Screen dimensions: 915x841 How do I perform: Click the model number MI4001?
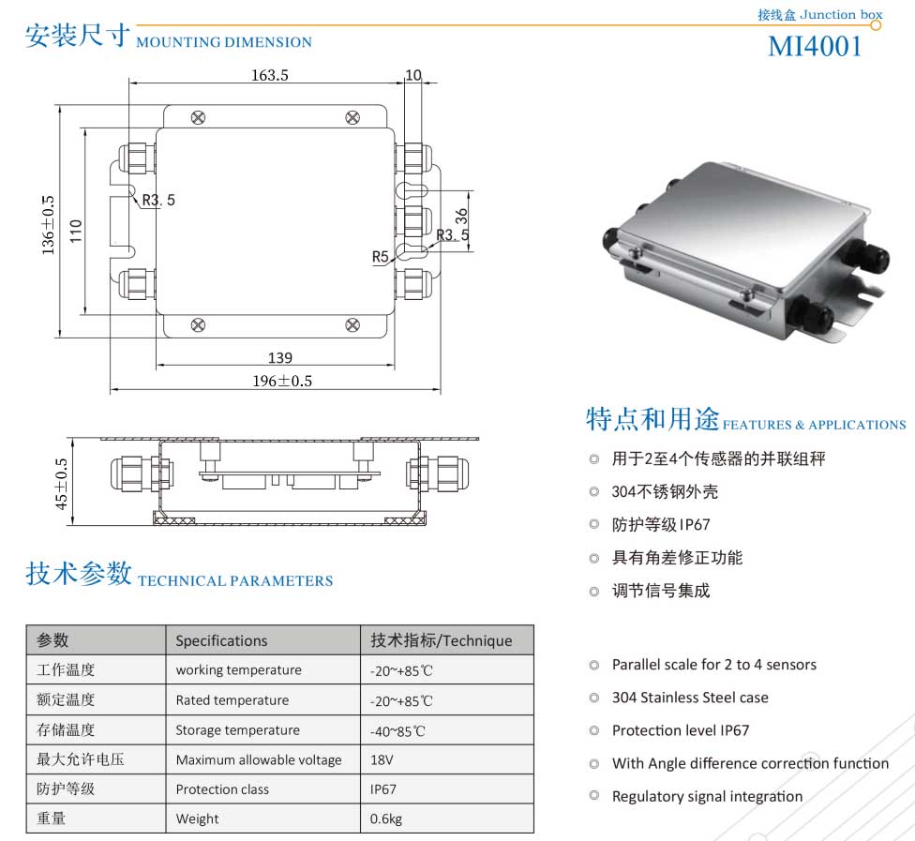[x=815, y=47]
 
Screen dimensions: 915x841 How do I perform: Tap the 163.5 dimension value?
[x=270, y=75]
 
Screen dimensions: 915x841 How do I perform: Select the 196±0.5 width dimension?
[x=282, y=381]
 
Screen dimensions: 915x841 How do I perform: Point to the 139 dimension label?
[x=280, y=358]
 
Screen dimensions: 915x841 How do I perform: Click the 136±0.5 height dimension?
[x=48, y=225]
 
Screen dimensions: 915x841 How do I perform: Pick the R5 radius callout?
[x=381, y=257]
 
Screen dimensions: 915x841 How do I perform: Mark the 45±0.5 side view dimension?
[x=62, y=484]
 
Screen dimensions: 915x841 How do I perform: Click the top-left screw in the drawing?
[x=199, y=118]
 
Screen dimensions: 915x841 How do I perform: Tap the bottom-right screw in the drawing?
[x=352, y=325]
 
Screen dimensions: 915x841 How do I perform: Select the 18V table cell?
[x=382, y=759]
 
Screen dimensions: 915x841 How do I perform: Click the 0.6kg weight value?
[x=385, y=818]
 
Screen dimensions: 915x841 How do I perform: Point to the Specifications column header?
[x=221, y=640]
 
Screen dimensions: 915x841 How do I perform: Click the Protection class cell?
[x=222, y=789]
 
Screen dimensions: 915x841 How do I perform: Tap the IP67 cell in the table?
[x=382, y=789]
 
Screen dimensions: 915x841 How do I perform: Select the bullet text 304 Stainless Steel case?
[x=690, y=698]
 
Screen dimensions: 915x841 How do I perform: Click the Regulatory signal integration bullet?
[x=707, y=797]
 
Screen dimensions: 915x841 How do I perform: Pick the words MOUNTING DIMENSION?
[x=224, y=42]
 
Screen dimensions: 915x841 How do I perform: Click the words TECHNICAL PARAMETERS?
[x=235, y=580]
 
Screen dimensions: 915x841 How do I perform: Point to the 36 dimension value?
[x=461, y=217]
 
